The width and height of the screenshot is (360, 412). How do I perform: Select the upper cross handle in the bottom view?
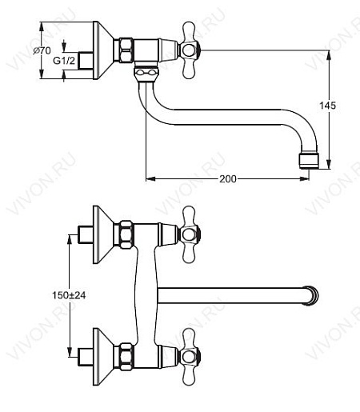point(190,234)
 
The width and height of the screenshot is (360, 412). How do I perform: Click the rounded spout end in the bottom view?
point(314,294)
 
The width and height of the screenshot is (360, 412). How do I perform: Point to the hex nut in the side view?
point(125,52)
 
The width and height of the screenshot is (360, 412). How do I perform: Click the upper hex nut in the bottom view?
point(126,234)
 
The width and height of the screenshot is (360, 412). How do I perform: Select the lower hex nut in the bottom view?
point(126,353)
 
